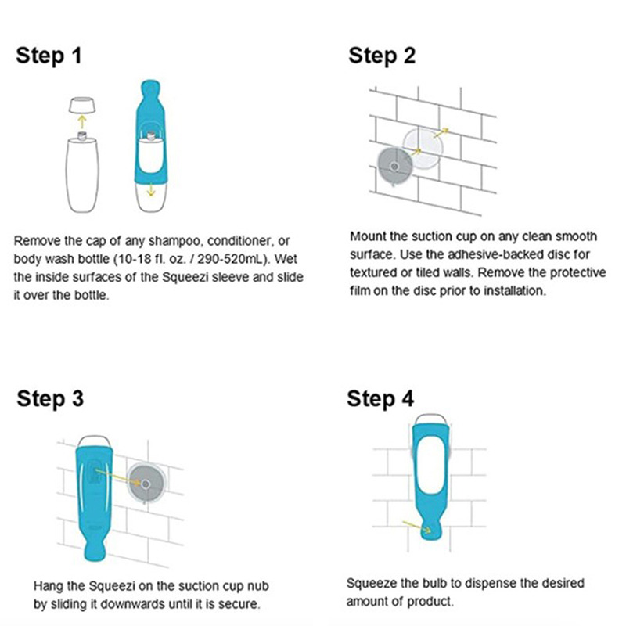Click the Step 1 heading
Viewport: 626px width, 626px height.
click(x=49, y=56)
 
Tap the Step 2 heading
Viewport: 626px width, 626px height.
click(x=382, y=56)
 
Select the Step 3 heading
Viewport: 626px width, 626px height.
click(x=50, y=399)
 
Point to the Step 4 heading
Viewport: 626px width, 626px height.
click(x=380, y=399)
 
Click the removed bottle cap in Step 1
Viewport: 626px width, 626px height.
click(x=82, y=105)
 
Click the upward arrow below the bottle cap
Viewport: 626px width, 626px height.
click(x=82, y=122)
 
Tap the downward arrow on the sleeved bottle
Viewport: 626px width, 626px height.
click(x=150, y=190)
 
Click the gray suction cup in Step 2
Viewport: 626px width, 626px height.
click(x=394, y=166)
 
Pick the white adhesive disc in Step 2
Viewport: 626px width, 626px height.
click(x=423, y=148)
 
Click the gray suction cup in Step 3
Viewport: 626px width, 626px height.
click(x=146, y=484)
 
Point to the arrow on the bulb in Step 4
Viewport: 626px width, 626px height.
click(x=416, y=527)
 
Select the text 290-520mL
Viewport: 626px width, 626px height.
click(x=231, y=260)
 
